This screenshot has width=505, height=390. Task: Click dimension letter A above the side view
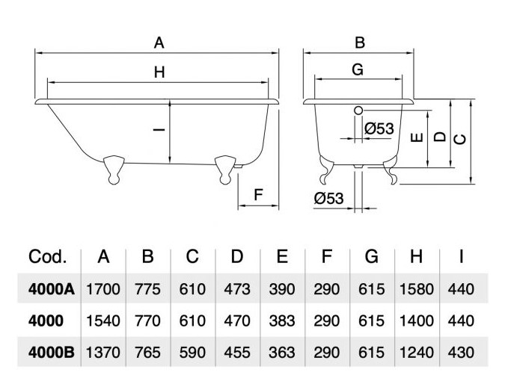click(x=159, y=43)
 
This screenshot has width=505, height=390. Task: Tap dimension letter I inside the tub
click(x=159, y=130)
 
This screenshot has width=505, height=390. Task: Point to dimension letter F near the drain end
click(x=258, y=196)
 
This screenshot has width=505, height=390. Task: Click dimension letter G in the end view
click(x=357, y=70)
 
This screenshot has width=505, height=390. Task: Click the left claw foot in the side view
click(x=114, y=167)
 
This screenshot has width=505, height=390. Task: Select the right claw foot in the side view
click(x=224, y=167)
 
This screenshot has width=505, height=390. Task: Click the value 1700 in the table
click(x=104, y=288)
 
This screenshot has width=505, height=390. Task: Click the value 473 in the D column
click(x=237, y=288)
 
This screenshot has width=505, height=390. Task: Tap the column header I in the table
click(x=462, y=257)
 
